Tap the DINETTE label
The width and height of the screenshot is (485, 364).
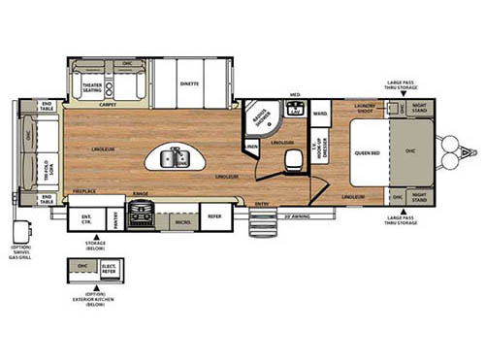(188, 83)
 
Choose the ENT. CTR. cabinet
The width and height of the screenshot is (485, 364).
(86, 218)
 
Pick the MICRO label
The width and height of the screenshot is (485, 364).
(181, 221)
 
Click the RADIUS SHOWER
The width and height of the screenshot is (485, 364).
(259, 121)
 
